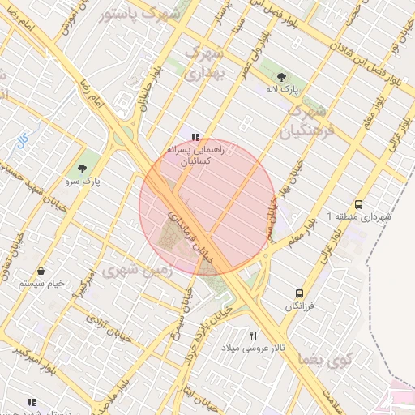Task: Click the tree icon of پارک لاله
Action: [x=280, y=77]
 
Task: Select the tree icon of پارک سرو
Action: [x=82, y=169]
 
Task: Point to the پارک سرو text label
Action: [x=84, y=182]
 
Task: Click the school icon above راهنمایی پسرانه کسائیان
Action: [x=195, y=137]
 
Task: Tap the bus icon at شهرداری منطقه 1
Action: [x=359, y=205]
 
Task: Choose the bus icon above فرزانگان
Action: [x=300, y=293]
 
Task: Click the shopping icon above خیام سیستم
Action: [x=41, y=271]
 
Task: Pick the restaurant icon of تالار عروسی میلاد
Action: [x=254, y=336]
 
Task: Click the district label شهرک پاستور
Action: [x=146, y=15]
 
